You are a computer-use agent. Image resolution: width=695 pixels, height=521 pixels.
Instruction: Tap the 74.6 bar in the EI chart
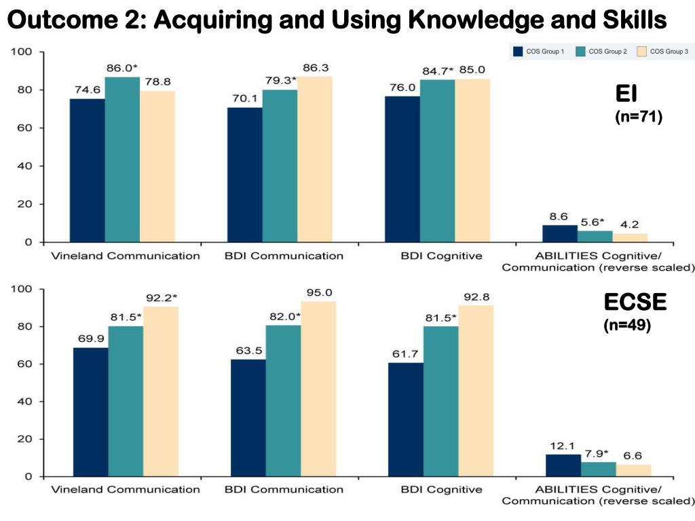coord(87,170)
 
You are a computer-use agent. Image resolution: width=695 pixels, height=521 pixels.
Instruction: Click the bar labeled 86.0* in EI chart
coord(122,159)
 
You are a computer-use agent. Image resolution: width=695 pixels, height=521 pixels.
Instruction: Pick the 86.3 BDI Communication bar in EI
coord(315,159)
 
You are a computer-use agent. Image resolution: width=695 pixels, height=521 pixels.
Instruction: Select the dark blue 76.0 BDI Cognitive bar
coord(402,169)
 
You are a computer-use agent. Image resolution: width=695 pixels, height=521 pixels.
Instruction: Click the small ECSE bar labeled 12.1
coord(563,465)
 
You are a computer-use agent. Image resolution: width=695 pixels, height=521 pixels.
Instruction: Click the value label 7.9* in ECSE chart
coord(597,453)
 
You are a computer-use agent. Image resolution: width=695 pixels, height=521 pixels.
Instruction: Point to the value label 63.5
coord(248,351)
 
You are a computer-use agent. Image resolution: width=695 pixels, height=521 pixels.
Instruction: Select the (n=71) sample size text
coord(637,117)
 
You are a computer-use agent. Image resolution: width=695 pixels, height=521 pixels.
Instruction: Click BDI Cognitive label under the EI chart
coord(441,256)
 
